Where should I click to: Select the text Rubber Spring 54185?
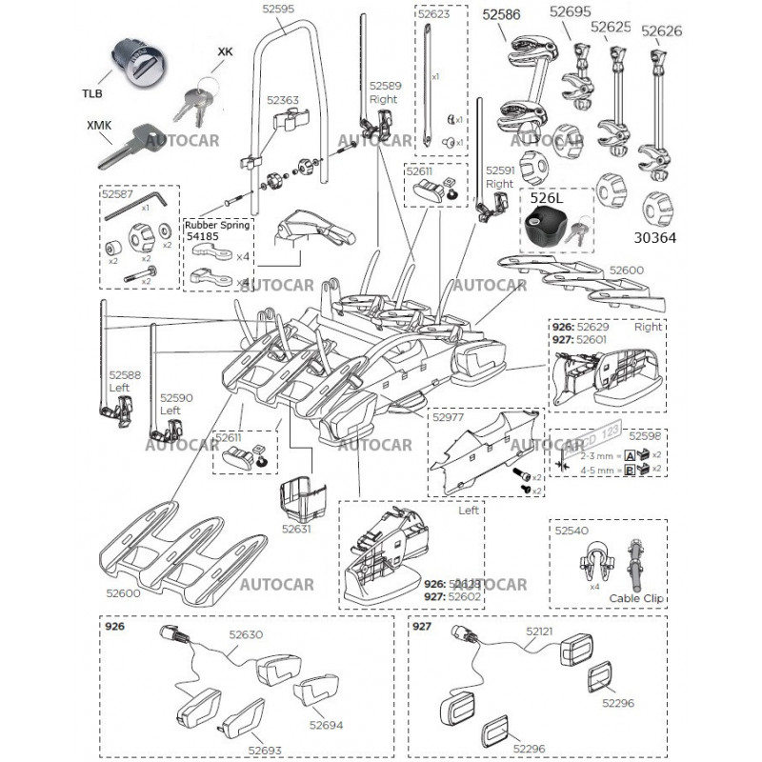[x=217, y=231]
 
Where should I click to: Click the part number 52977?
[x=448, y=415]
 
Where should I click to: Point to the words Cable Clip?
[x=637, y=598]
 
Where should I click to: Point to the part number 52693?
[x=264, y=750]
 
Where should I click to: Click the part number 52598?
[x=645, y=436]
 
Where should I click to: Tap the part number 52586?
[x=501, y=14]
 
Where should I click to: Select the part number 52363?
[x=283, y=99]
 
